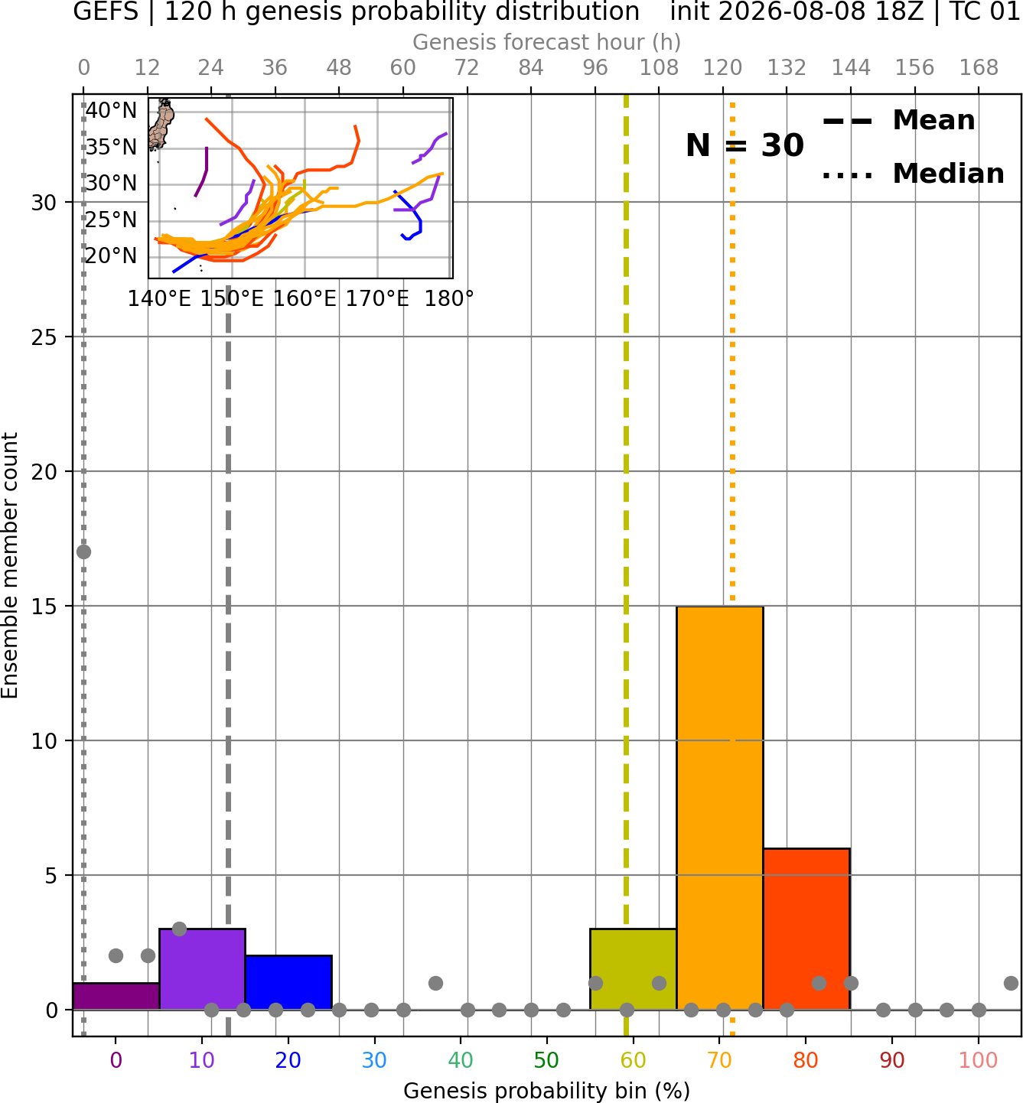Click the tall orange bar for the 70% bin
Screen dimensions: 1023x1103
pyautogui.click(x=719, y=808)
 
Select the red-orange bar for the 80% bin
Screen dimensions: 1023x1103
pyautogui.click(x=806, y=929)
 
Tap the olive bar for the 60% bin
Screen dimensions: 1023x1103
pyautogui.click(x=633, y=968)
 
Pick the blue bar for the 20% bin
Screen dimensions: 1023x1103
pyautogui.click(x=288, y=982)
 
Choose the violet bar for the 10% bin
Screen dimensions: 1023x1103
pyautogui.click(x=202, y=968)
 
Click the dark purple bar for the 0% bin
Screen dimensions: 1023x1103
pyautogui.click(x=116, y=996)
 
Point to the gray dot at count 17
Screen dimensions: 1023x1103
pyautogui.click(x=83, y=552)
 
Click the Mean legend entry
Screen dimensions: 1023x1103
pyautogui.click(x=898, y=120)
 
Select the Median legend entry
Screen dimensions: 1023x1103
pyautogui.click(x=913, y=174)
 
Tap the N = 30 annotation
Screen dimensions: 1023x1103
pyautogui.click(x=744, y=145)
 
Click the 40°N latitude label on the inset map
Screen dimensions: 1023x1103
pyautogui.click(x=111, y=110)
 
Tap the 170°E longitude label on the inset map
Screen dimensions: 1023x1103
pyautogui.click(x=377, y=299)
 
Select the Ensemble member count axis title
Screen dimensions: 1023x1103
pyautogui.click(x=9, y=565)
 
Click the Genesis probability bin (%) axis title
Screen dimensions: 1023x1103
pyautogui.click(x=547, y=1091)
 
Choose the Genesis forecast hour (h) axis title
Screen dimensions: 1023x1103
pyautogui.click(x=547, y=42)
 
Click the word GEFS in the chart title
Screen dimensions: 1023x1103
pyautogui.click(x=106, y=11)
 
